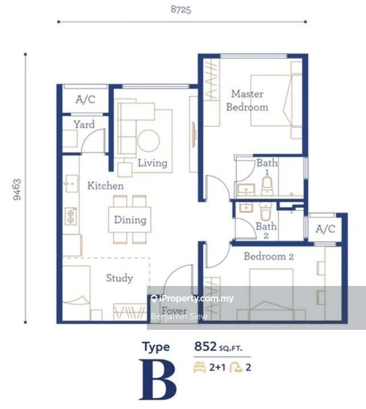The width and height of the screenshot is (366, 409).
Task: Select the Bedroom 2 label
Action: (x=269, y=256)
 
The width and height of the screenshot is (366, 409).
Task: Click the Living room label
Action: (x=153, y=163)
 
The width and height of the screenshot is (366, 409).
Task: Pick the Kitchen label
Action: (x=105, y=186)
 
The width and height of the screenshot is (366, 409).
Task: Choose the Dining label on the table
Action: (x=130, y=219)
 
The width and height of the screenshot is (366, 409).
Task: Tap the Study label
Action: (x=120, y=278)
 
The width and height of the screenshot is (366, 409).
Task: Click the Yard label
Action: (x=84, y=124)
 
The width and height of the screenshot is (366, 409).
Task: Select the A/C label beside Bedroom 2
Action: (x=326, y=229)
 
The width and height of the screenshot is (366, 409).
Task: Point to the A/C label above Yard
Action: (x=85, y=100)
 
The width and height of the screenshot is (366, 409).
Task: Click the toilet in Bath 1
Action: (x=267, y=185)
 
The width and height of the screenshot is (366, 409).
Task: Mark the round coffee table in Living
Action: (x=149, y=141)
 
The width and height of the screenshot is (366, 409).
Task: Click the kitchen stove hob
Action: (x=71, y=215)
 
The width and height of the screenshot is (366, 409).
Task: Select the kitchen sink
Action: (x=71, y=183)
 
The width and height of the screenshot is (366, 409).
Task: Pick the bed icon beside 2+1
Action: (x=200, y=367)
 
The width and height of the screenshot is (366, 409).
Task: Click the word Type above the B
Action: (x=156, y=347)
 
